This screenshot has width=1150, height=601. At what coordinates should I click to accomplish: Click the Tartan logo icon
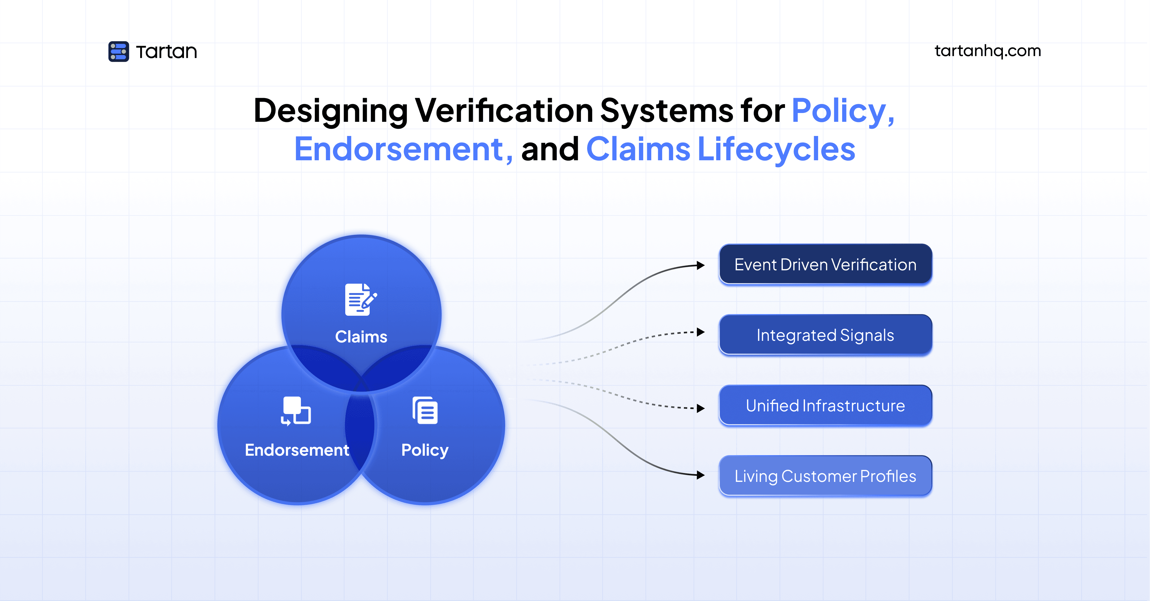[x=118, y=51]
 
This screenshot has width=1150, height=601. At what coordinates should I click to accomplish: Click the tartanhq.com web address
[x=987, y=51]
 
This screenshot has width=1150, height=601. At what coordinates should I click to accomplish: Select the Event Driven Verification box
[x=825, y=265]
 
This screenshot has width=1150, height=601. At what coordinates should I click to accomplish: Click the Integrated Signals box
[x=825, y=335]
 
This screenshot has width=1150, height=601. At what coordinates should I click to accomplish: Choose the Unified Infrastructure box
[x=825, y=405]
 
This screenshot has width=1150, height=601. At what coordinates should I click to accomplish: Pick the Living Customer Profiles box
[x=825, y=476]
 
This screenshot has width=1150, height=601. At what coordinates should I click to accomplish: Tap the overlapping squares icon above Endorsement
[x=296, y=411]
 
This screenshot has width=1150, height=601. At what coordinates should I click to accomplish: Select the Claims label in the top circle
[x=361, y=337]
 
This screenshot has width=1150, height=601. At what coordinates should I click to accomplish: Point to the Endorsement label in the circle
[x=297, y=450]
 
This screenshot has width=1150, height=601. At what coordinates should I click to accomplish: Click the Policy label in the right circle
[x=425, y=450]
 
